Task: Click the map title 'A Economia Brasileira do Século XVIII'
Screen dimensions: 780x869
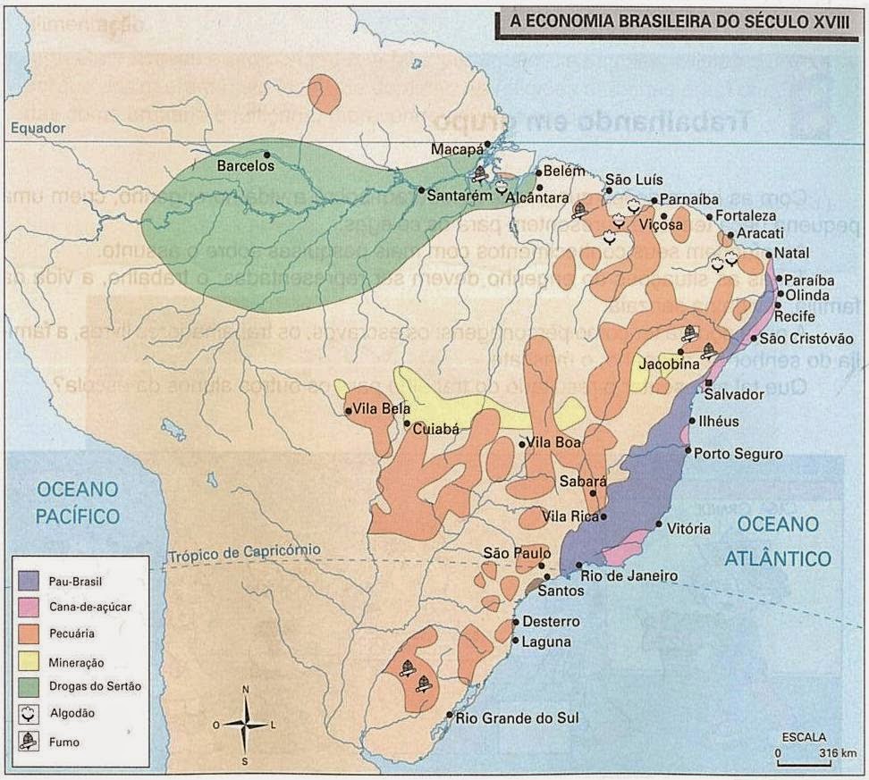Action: pyautogui.click(x=680, y=22)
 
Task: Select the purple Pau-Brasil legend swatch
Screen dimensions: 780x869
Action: pyautogui.click(x=30, y=582)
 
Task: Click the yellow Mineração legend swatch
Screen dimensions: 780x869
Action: pyautogui.click(x=30, y=661)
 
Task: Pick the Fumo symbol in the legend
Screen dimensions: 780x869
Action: pyautogui.click(x=30, y=741)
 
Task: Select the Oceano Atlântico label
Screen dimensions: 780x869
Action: pyautogui.click(x=777, y=541)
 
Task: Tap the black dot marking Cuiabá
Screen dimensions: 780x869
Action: pyautogui.click(x=407, y=424)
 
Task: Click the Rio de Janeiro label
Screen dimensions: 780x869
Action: pyautogui.click(x=629, y=576)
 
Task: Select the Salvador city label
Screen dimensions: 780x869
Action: pyautogui.click(x=734, y=394)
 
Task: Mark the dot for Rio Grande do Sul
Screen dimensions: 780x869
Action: pyautogui.click(x=450, y=714)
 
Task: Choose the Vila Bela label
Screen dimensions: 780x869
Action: pyautogui.click(x=375, y=410)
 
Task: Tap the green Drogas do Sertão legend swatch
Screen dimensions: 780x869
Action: pyautogui.click(x=30, y=687)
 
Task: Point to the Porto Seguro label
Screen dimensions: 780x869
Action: pyautogui.click(x=738, y=454)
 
